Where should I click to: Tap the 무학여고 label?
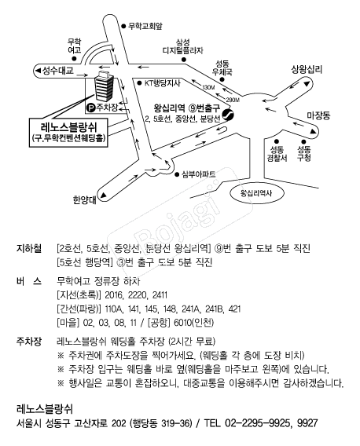coord(75,46)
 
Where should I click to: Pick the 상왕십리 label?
coord(307,68)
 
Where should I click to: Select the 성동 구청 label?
coord(304,153)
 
